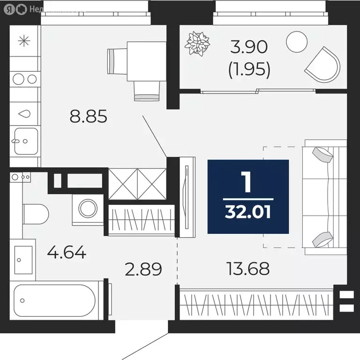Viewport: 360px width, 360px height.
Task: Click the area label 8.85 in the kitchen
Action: click(89, 116)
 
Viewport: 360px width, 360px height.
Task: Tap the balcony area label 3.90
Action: click(249, 47)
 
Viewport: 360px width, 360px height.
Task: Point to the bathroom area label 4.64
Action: click(67, 253)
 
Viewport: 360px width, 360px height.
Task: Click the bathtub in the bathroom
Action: click(55, 300)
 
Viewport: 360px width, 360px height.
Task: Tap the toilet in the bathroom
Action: click(36, 214)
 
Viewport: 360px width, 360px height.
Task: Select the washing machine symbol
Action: click(88, 208)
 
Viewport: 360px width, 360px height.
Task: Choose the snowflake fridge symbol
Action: click(23, 41)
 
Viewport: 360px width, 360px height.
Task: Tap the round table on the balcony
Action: click(296, 42)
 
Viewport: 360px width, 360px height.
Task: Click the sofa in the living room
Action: click(324, 197)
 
